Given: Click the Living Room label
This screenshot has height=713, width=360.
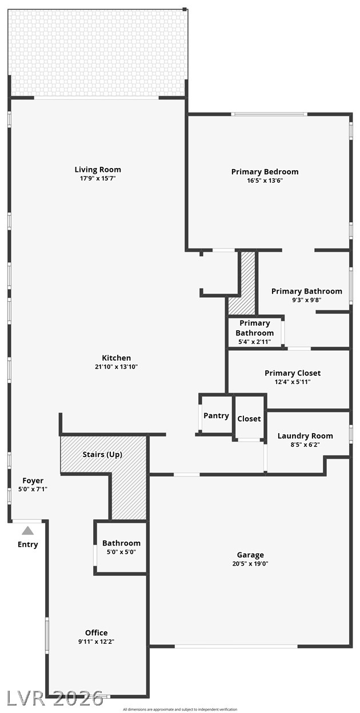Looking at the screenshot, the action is pos(98,170).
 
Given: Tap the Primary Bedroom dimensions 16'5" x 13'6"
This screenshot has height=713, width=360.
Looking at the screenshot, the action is pos(265,181).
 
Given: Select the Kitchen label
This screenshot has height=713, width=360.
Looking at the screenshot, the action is pos(116,358).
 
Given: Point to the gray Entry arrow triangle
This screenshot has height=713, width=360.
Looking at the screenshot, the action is pos(27,530).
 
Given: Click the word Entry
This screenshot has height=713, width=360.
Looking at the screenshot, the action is pos(27,544).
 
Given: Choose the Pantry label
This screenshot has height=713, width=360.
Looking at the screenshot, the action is pos(216,416).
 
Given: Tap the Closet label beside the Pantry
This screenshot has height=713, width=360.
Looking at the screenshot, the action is pos(249,419).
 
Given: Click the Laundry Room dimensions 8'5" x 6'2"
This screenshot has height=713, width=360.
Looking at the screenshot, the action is pos(305,444).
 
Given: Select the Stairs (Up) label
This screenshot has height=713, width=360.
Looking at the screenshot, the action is pos(102,455).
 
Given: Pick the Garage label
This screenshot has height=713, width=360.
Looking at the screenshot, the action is pos(250,555).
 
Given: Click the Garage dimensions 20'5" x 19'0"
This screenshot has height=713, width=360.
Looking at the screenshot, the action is pos(250,564).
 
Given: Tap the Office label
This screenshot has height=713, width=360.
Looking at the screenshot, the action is pos(96,633).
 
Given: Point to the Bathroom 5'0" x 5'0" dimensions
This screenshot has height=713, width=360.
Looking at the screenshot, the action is pos(121,552).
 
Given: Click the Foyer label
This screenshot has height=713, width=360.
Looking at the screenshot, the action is pos(33,480).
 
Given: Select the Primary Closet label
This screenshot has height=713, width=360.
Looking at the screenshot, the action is pos(293,373).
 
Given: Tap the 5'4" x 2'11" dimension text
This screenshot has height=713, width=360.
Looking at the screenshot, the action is pos(255,342).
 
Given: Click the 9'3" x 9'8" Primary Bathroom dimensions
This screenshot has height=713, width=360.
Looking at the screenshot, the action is pos(306,300).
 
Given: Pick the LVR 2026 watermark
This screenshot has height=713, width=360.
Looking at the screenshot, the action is pos(55,698).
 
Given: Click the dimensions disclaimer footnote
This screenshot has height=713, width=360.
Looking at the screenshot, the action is pos(180,710).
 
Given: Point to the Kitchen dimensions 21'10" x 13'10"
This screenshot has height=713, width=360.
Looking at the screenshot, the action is pos(116,367).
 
